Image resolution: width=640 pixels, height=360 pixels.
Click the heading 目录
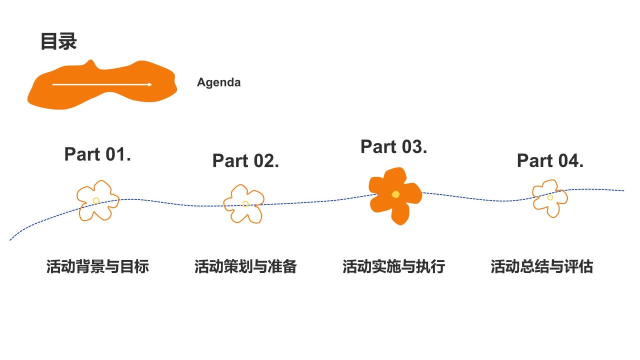(x=58, y=41)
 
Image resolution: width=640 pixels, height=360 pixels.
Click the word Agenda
(x=218, y=82)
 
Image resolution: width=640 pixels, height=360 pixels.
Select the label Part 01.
(x=97, y=154)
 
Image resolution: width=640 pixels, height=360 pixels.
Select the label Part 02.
(x=245, y=160)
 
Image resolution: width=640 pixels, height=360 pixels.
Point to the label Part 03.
(x=393, y=146)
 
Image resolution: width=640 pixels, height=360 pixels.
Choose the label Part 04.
(x=550, y=160)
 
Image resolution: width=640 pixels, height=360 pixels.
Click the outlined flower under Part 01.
(x=97, y=200)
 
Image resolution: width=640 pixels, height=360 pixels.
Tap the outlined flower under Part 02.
(x=244, y=203)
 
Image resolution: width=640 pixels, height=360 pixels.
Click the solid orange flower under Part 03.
(x=395, y=195)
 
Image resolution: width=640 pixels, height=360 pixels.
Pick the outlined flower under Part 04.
(x=549, y=198)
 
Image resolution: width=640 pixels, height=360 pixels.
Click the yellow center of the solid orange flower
(x=395, y=194)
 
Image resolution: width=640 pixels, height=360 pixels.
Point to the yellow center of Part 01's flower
(x=96, y=200)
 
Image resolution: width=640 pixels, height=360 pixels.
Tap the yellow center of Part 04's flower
(x=550, y=197)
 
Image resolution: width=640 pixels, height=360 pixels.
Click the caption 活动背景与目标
(x=97, y=266)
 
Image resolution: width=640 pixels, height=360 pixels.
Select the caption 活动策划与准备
(x=245, y=266)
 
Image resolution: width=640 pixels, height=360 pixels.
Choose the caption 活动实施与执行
(x=393, y=266)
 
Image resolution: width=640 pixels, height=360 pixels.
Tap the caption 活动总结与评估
(x=541, y=266)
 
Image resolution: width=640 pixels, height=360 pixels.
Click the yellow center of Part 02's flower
(x=245, y=204)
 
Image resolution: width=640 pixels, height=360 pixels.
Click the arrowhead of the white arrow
(x=149, y=84)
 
